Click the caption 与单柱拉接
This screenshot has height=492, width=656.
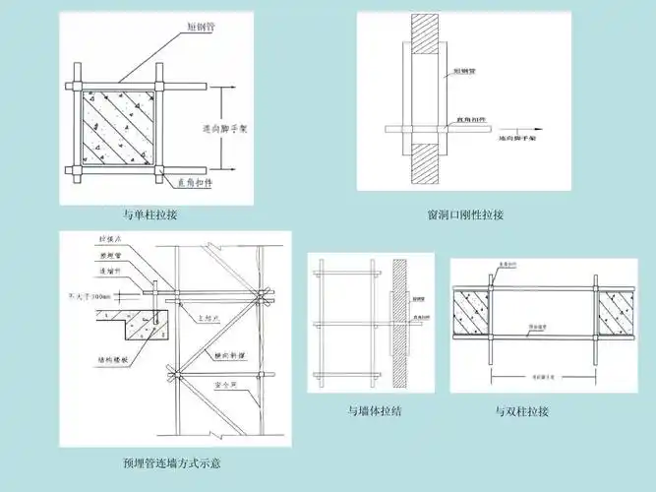(149, 215)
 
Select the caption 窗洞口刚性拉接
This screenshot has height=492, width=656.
(464, 215)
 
